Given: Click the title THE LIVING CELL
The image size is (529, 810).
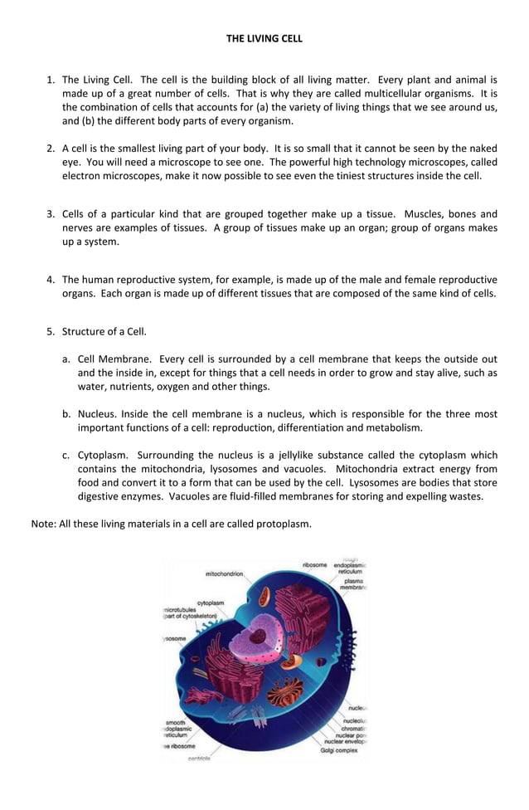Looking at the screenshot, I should [264, 38].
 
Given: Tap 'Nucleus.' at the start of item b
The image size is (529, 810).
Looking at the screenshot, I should [97, 413].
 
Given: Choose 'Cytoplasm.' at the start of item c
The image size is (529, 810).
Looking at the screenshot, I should [102, 455].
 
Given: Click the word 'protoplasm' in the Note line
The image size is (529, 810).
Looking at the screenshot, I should [282, 524].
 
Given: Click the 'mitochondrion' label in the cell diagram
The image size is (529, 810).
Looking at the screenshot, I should [224, 573].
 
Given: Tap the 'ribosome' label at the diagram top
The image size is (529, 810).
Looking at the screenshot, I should [314, 565].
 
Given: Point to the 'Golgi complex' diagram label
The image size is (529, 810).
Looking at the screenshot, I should [339, 749].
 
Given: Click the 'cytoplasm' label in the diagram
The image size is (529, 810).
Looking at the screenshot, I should [211, 603].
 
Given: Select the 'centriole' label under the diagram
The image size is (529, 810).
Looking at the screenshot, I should [199, 759].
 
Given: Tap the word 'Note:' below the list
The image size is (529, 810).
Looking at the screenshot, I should [44, 524].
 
